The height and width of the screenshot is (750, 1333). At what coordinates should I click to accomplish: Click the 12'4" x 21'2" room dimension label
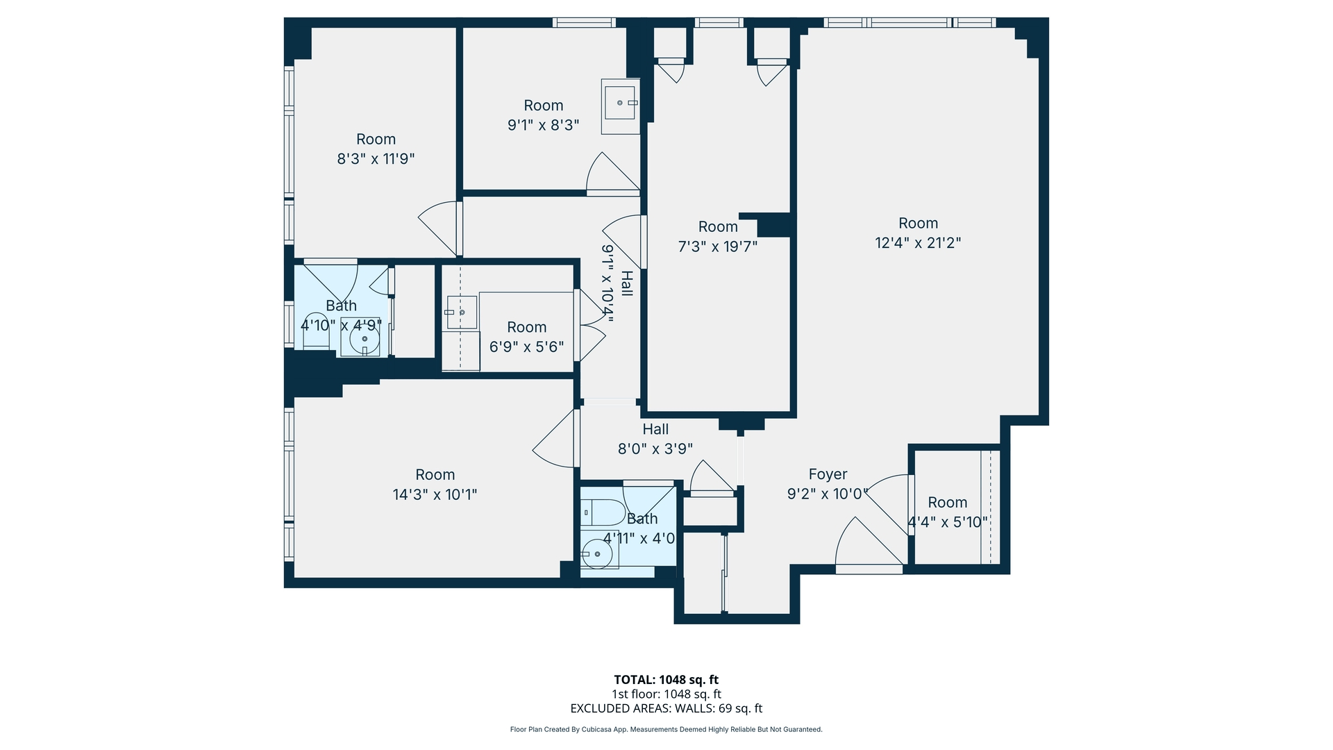tap(918, 243)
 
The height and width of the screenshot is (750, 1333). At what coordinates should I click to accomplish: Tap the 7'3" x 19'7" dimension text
tap(717, 247)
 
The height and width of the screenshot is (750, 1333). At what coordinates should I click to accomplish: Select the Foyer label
tap(828, 474)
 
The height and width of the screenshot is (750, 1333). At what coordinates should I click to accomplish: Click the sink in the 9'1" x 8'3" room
tap(621, 103)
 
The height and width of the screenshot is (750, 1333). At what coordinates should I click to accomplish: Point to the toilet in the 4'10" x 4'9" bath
tap(316, 331)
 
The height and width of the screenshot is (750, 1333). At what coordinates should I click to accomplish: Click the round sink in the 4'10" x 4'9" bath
tap(364, 340)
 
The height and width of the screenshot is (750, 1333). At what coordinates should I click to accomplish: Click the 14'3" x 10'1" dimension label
tap(435, 494)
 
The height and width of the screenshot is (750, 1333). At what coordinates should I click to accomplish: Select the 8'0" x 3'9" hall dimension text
tap(655, 449)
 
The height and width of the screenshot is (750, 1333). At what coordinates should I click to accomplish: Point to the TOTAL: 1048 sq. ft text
tap(666, 680)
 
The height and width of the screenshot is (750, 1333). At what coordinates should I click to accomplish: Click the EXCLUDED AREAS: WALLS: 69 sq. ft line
tap(666, 708)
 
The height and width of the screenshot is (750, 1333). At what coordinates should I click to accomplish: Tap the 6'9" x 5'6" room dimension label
tap(526, 347)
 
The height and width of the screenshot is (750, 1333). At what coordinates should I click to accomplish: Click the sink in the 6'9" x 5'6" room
tap(461, 312)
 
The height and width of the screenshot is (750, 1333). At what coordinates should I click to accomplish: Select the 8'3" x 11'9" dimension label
tap(376, 159)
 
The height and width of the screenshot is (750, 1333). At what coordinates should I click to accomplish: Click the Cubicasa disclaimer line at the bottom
tap(666, 729)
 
